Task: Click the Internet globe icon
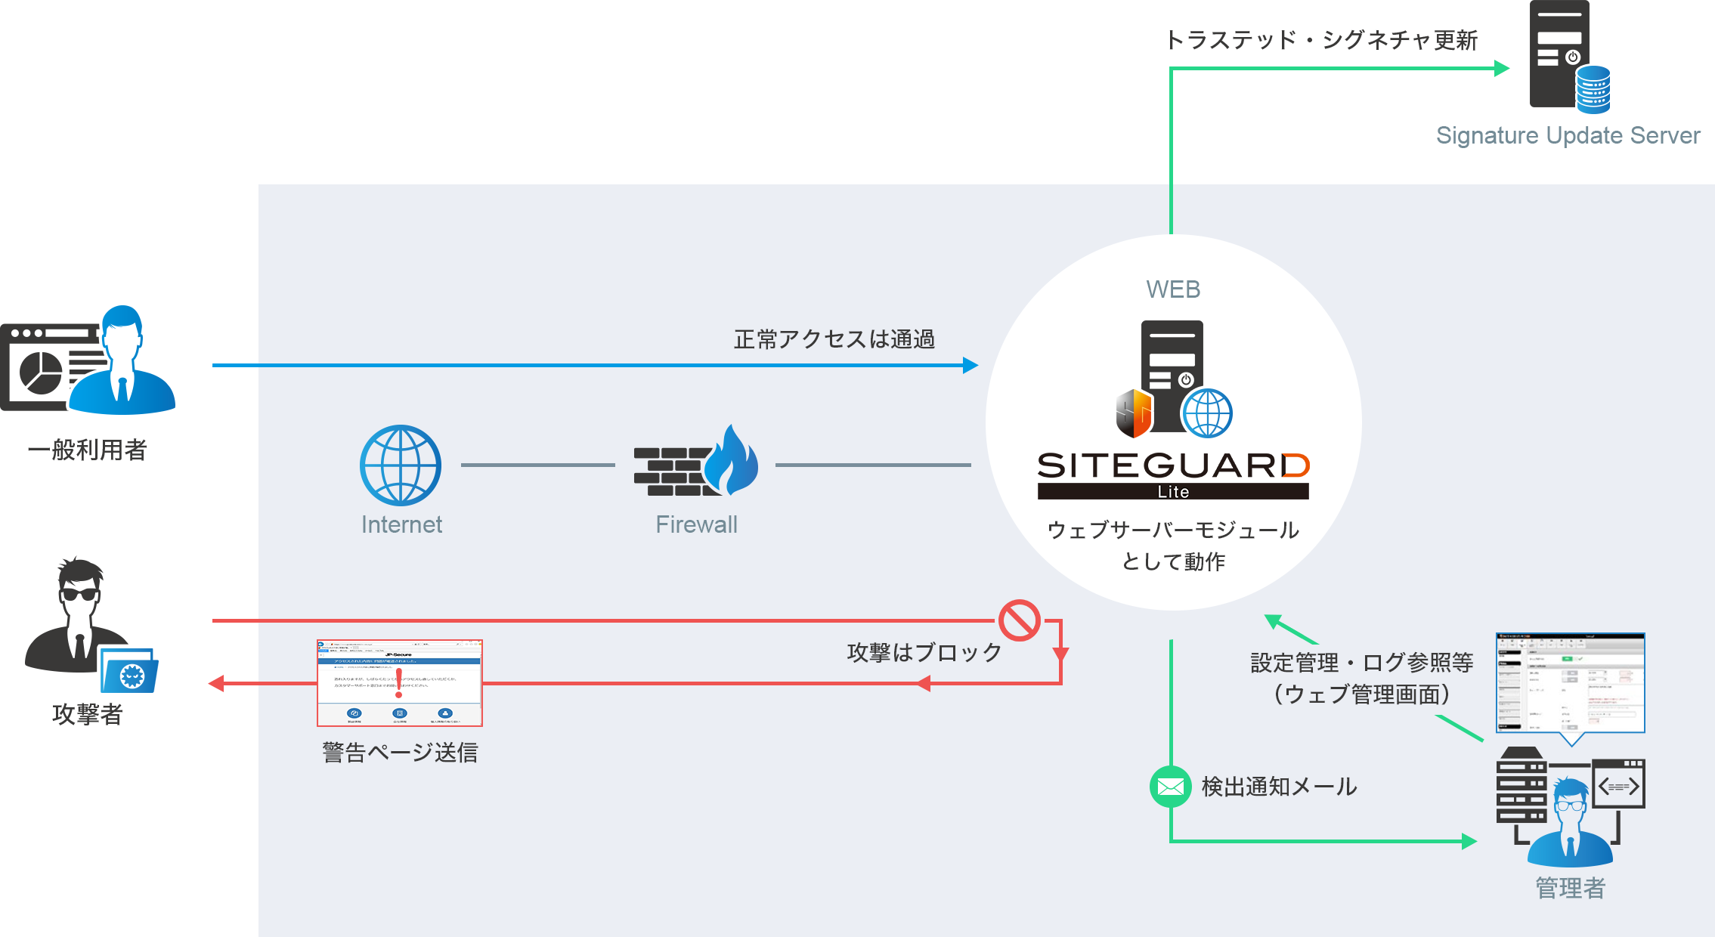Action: click(x=401, y=465)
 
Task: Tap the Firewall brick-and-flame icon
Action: click(x=695, y=462)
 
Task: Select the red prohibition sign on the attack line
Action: click(x=1020, y=620)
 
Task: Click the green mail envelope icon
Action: click(x=1170, y=787)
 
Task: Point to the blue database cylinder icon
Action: click(x=1593, y=89)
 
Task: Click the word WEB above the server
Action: click(x=1173, y=289)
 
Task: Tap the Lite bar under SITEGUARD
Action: click(x=1173, y=492)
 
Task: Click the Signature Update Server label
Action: click(x=1568, y=136)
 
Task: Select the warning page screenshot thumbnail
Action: click(x=400, y=683)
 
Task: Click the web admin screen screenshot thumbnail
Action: click(x=1571, y=683)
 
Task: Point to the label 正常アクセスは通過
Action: click(x=834, y=339)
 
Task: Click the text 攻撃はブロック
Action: click(x=924, y=652)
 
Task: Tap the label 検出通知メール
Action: click(x=1279, y=787)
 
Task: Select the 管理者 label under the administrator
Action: click(x=1570, y=888)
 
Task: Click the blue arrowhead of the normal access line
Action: click(x=970, y=366)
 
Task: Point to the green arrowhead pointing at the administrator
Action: click(x=1469, y=841)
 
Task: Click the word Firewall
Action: click(x=696, y=524)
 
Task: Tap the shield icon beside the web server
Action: click(x=1134, y=413)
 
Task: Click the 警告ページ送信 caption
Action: click(x=400, y=753)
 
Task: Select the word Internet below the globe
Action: click(x=401, y=524)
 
